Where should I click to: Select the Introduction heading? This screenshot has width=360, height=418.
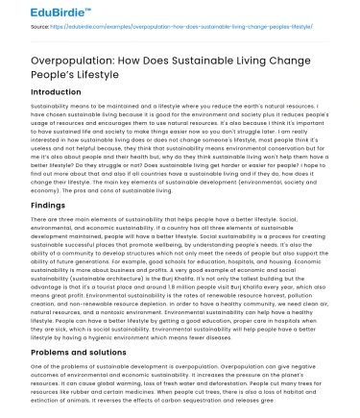click(42, 93)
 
